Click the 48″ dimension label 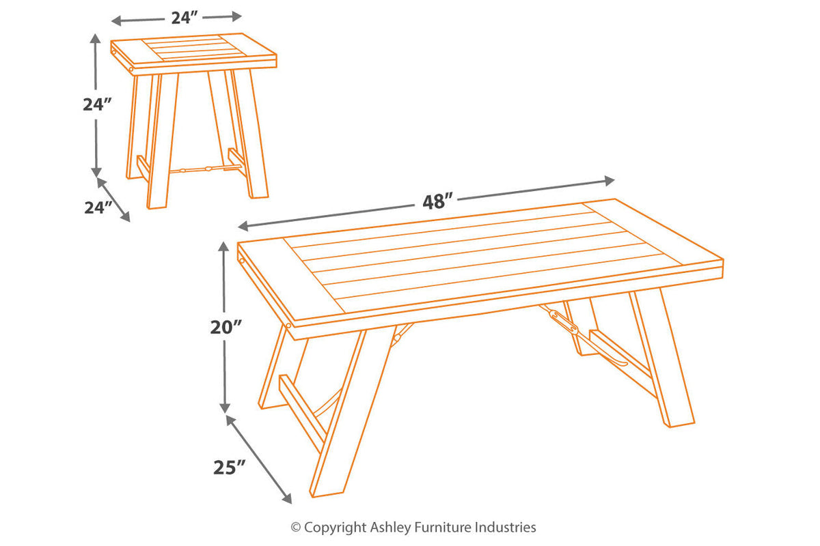tap(437, 201)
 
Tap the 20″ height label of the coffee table tap(226, 327)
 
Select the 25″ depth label tap(229, 468)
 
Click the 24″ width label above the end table tap(184, 18)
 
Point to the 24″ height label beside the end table tap(96, 104)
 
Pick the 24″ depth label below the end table tap(98, 207)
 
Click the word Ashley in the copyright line tap(391, 528)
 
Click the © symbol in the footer tap(296, 528)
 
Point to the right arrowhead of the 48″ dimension tap(610, 181)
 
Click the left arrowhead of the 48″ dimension tap(243, 227)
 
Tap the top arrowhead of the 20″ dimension tap(223, 247)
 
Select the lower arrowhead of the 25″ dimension tap(288, 499)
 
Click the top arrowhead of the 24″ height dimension tap(95, 39)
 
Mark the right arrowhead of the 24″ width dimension tap(237, 16)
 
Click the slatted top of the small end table tap(193, 51)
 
